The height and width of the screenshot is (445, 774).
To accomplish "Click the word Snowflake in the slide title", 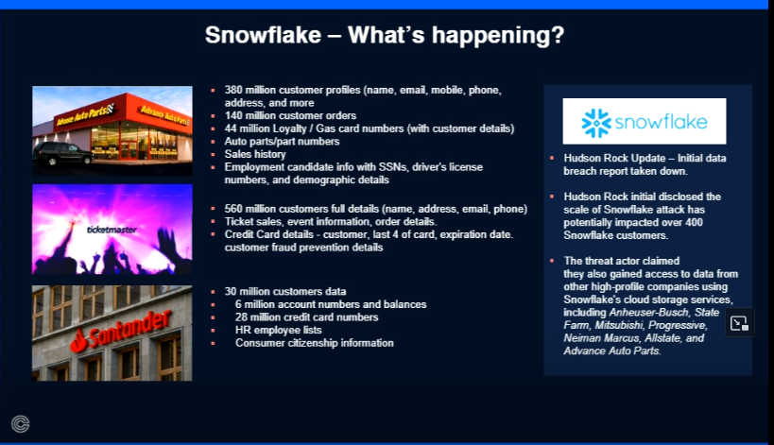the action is click(x=263, y=35).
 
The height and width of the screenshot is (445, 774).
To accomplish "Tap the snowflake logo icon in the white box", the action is click(x=596, y=123).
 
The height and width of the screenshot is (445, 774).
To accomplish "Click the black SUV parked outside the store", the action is click(x=62, y=154).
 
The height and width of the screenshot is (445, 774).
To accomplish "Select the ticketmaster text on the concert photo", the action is click(x=112, y=230).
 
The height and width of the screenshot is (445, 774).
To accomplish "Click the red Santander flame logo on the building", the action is click(x=78, y=340).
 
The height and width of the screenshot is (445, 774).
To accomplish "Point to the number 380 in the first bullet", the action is click(x=233, y=90).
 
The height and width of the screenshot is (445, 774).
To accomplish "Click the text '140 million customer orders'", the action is click(x=290, y=115).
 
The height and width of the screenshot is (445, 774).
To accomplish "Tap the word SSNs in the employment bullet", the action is click(x=392, y=166).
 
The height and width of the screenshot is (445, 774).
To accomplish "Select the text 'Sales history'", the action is click(x=255, y=154).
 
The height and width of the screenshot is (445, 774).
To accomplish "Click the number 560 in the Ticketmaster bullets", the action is click(x=233, y=209).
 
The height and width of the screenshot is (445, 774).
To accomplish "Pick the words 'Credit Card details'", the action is click(x=269, y=234).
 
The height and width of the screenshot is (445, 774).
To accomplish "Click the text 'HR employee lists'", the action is click(x=279, y=330).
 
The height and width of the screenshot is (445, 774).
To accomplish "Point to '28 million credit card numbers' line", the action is click(x=306, y=317).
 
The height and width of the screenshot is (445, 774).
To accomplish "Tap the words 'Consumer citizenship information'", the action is click(x=315, y=342).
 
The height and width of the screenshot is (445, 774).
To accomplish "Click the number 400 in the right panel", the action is click(x=694, y=222).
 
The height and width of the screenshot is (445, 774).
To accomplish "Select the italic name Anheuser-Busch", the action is click(x=649, y=313).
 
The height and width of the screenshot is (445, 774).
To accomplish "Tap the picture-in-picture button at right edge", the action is click(x=739, y=323).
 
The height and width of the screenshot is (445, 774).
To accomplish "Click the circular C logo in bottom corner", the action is click(x=20, y=424).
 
